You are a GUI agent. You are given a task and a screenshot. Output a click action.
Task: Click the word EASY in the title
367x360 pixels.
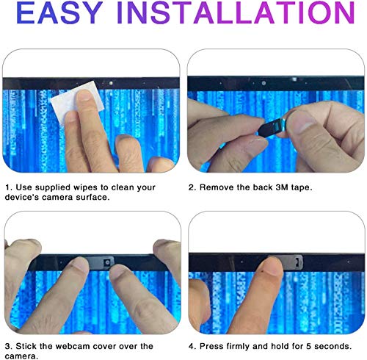(59, 12)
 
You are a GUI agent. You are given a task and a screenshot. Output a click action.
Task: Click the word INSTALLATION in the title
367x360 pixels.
(236, 12)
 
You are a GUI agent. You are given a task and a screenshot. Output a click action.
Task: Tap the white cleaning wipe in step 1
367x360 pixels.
(77, 102)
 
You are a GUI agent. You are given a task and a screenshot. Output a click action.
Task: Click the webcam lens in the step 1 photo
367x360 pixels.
(111, 83)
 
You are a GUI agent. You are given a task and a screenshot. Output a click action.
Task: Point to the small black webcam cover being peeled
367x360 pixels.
(272, 127)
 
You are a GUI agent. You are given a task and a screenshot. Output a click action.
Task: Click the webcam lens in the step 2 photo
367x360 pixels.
(264, 83)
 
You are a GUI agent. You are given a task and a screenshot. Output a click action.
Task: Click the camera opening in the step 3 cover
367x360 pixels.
(107, 262)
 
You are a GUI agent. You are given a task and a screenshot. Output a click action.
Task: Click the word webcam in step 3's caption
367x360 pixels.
(73, 346)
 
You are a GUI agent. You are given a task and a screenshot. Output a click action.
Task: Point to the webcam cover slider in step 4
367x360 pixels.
(288, 261)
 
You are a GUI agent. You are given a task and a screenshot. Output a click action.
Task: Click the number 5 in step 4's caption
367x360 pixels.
(308, 346)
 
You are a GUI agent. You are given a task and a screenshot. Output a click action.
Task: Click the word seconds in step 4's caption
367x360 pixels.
(333, 346)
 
